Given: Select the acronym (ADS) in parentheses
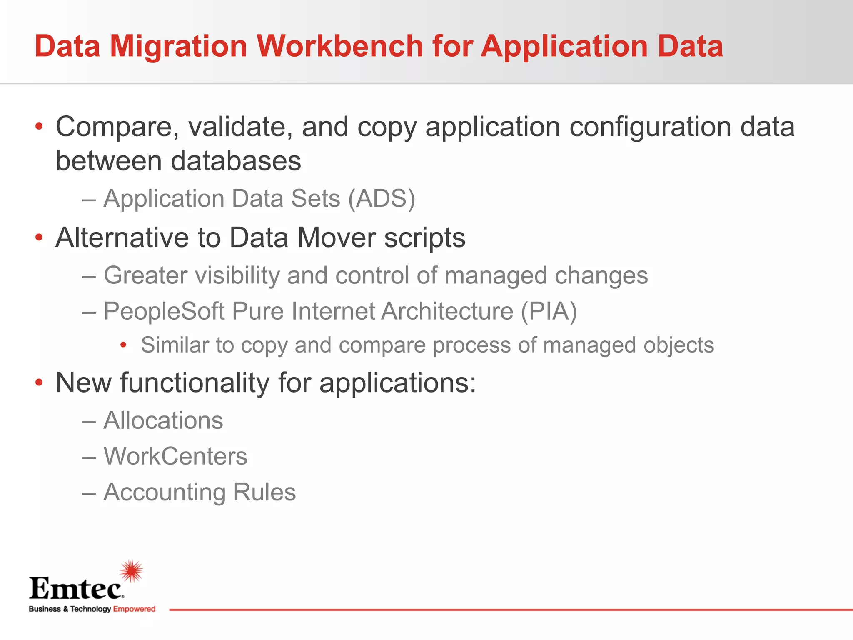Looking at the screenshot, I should click(382, 198).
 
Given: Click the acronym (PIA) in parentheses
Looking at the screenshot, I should click(549, 311).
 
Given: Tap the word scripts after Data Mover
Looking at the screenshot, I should click(424, 238).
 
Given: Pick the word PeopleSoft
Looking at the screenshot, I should click(164, 311).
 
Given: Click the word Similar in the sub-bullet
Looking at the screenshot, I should click(174, 345).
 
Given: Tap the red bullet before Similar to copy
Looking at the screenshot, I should click(123, 345).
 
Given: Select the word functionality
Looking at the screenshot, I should click(195, 382).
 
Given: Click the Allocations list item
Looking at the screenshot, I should click(163, 420).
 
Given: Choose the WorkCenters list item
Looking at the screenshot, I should click(175, 456).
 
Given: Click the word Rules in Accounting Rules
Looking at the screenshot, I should click(264, 492).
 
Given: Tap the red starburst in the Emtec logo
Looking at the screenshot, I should click(132, 571).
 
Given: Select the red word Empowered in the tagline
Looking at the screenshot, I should click(134, 609).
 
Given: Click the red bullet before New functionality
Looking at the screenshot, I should click(39, 382).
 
